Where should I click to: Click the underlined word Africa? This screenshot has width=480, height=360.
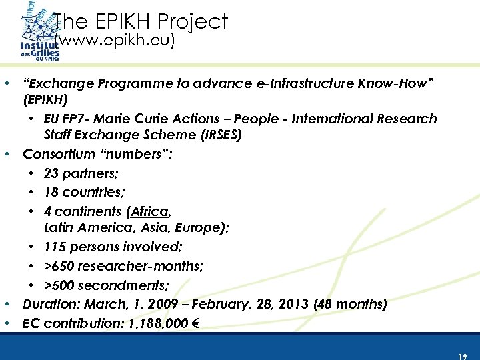(x=150, y=212)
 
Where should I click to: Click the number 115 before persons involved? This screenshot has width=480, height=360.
(x=55, y=247)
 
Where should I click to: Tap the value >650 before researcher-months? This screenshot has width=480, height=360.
(x=58, y=265)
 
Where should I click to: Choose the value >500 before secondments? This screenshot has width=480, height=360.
(x=58, y=285)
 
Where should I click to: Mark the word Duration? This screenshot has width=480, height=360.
(x=49, y=305)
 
